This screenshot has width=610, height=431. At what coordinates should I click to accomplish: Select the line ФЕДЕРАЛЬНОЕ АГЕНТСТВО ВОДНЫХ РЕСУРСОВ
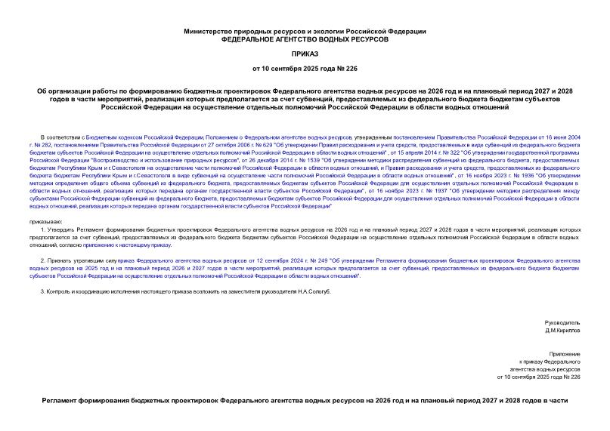coord(305,38)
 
